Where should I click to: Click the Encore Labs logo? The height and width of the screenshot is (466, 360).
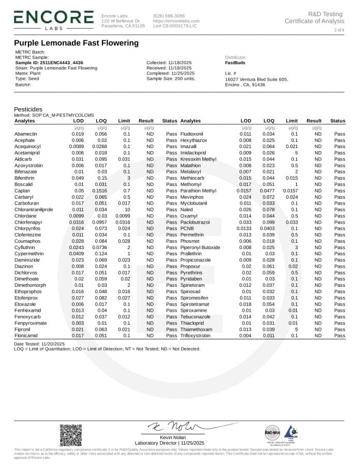point(54,19)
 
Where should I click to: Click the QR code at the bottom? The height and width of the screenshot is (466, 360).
point(71,435)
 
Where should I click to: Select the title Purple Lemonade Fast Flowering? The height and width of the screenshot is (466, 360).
point(76,43)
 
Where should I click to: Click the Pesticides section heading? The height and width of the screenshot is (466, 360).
point(28,109)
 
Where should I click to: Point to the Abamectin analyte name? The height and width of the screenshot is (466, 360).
point(25,134)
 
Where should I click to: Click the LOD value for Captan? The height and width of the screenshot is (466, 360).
point(79,191)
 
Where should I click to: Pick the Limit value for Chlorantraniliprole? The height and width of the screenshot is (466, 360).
point(126,209)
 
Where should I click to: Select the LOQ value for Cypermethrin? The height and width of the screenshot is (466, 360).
point(101,254)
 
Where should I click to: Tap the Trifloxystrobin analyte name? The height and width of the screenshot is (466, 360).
point(196,336)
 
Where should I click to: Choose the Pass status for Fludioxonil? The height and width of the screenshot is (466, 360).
point(339,134)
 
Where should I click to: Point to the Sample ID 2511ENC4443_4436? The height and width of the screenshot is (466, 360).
point(49,63)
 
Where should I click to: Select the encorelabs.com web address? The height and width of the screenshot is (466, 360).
point(176,21)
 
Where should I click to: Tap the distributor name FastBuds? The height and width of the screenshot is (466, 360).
point(235,63)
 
